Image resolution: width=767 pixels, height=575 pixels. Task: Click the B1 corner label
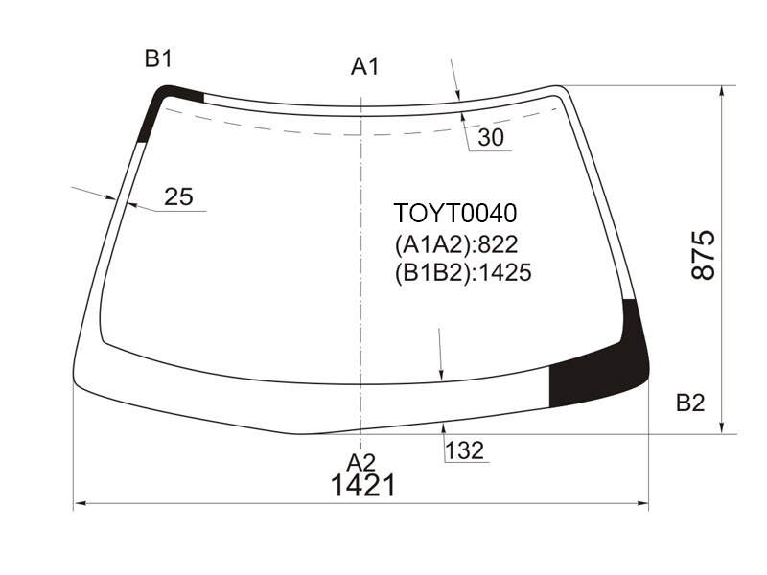pos(158,59)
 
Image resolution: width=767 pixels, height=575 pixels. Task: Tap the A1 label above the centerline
pos(365,66)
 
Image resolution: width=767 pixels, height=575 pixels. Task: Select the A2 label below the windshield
pos(361,462)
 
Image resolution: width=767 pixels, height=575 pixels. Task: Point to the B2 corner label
pos(690,402)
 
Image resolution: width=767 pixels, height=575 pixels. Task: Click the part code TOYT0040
pos(454,213)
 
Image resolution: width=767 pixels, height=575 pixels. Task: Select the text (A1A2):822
pos(456,244)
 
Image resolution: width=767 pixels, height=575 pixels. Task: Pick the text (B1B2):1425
pos(463,272)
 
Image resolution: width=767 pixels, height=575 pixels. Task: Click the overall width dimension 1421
pos(363,486)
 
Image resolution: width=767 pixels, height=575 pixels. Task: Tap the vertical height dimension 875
pos(704,255)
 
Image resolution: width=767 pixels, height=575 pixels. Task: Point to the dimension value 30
pos(491,137)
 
